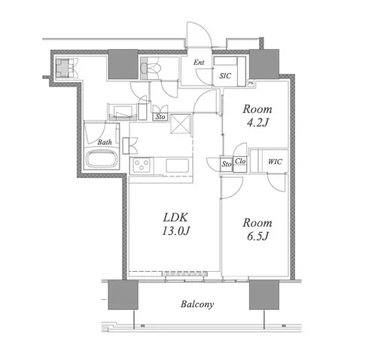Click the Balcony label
197,304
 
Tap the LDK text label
175,218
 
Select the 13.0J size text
175,231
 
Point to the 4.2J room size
258,123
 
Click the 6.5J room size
258,236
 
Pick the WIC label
275,162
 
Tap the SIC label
225,76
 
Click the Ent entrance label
199,63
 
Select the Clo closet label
239,161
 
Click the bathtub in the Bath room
102,159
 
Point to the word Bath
105,142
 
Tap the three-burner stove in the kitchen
141,165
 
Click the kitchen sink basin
177,166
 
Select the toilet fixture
150,68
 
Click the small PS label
251,83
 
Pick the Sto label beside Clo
226,164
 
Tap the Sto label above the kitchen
160,117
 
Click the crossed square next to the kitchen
181,124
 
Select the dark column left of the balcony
123,294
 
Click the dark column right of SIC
264,64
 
